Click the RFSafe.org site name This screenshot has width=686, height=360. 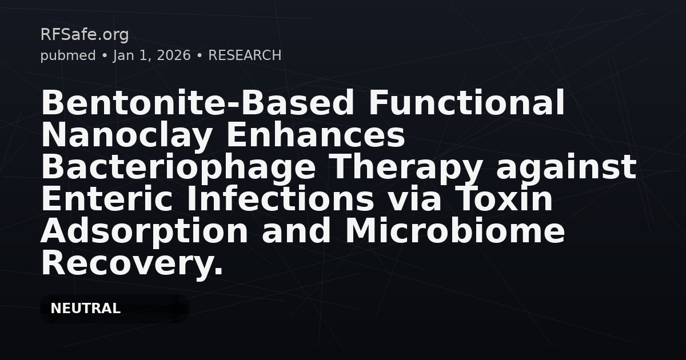(x=84, y=35)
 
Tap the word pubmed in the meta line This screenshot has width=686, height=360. (x=67, y=55)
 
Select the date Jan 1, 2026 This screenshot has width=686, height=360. (x=151, y=55)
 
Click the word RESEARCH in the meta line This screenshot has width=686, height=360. (x=245, y=55)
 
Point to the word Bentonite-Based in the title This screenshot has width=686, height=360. (x=197, y=103)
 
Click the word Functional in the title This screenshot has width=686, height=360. (x=466, y=103)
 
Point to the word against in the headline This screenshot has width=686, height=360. (x=566, y=167)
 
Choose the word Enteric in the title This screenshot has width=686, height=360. (x=108, y=199)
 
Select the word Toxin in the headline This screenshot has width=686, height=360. (x=507, y=199)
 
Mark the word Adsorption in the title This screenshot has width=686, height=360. (x=145, y=231)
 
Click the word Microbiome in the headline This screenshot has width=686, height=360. (x=454, y=231)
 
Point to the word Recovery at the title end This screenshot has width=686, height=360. (x=131, y=263)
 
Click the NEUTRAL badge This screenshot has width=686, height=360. (x=85, y=309)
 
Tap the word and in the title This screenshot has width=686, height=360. (x=297, y=231)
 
